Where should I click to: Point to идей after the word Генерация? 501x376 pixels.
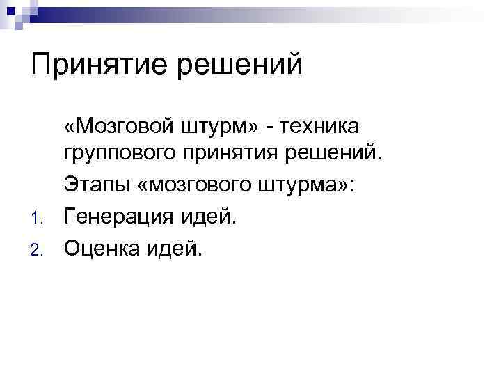[209, 215]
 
